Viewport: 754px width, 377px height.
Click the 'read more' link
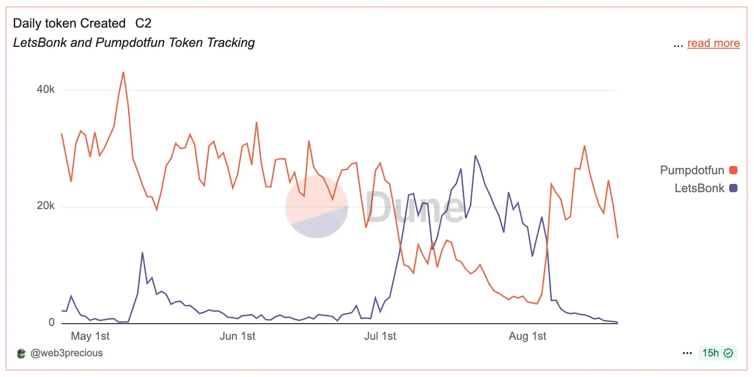pyautogui.click(x=713, y=43)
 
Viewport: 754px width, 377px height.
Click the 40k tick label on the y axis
pyautogui.click(x=46, y=89)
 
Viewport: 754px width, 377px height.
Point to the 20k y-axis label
pyautogui.click(x=46, y=206)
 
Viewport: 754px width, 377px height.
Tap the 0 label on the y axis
pyautogui.click(x=51, y=322)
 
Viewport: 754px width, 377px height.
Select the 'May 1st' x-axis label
pyautogui.click(x=90, y=336)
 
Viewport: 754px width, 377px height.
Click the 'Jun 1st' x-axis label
pyautogui.click(x=237, y=336)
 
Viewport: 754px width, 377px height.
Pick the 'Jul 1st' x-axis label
pyautogui.click(x=380, y=336)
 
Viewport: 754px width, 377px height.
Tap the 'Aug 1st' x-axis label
pyautogui.click(x=527, y=336)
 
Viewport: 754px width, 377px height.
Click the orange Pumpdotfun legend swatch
pyautogui.click(x=733, y=170)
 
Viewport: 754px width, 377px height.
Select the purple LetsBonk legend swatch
pyautogui.click(x=733, y=188)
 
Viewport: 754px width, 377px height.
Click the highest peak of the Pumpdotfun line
pyautogui.click(x=123, y=73)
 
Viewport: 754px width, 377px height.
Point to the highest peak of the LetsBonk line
pyautogui.click(x=475, y=156)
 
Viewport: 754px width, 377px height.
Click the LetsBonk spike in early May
pyautogui.click(x=143, y=253)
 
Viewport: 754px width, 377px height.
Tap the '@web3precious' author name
pyautogui.click(x=67, y=353)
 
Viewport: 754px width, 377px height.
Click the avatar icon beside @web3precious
pyautogui.click(x=21, y=354)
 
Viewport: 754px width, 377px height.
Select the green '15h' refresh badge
pyautogui.click(x=717, y=353)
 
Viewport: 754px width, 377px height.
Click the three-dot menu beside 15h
pyautogui.click(x=687, y=353)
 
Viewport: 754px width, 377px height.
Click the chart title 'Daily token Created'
pyautogui.click(x=69, y=23)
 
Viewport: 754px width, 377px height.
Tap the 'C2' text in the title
pyautogui.click(x=143, y=23)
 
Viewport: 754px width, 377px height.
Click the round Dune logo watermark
pyautogui.click(x=316, y=207)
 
